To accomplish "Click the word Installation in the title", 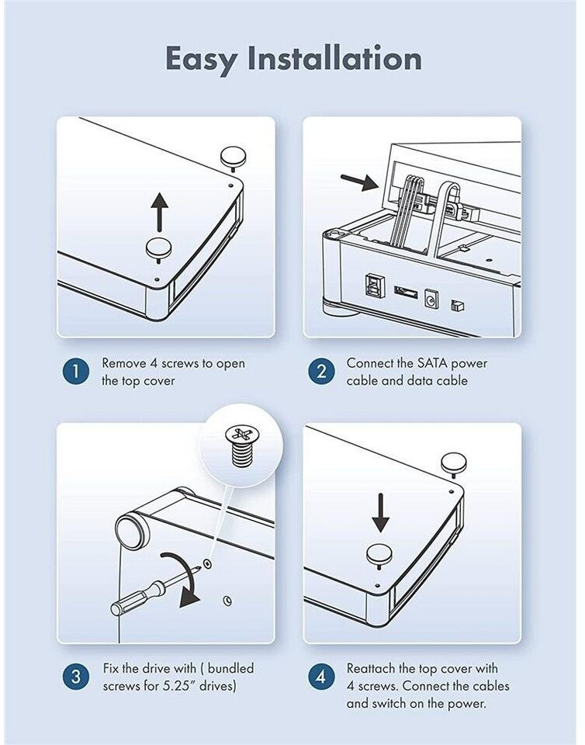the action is click(335, 58).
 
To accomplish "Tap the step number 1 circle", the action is click(76, 372).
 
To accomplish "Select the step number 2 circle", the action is click(321, 372).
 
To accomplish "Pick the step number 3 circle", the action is click(76, 677).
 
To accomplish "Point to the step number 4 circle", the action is click(321, 677).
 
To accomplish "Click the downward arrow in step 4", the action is click(380, 512).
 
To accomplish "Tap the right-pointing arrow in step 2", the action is click(359, 182).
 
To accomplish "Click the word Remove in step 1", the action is click(124, 363).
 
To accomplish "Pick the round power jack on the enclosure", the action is click(431, 299).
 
